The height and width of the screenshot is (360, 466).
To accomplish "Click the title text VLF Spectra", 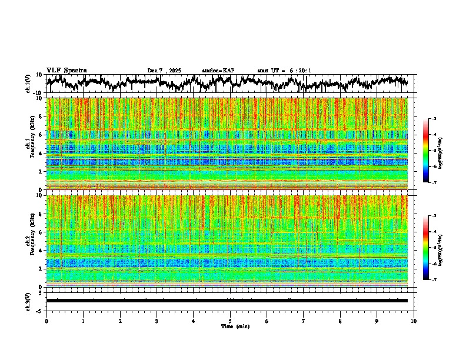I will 66,70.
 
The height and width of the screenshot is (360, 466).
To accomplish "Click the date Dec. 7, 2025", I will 165,71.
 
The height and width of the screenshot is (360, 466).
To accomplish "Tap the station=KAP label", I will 218,71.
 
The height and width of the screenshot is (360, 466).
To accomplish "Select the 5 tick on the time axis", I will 230,321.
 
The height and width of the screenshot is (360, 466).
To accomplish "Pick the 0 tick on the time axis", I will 46,321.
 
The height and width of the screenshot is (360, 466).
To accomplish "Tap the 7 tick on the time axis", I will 304,321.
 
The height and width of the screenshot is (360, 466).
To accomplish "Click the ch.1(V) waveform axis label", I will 29,84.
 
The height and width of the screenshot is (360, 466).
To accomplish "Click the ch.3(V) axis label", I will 29,301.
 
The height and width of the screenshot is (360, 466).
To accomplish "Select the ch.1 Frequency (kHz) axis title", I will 29,144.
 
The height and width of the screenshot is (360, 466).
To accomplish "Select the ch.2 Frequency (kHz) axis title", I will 29,241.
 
